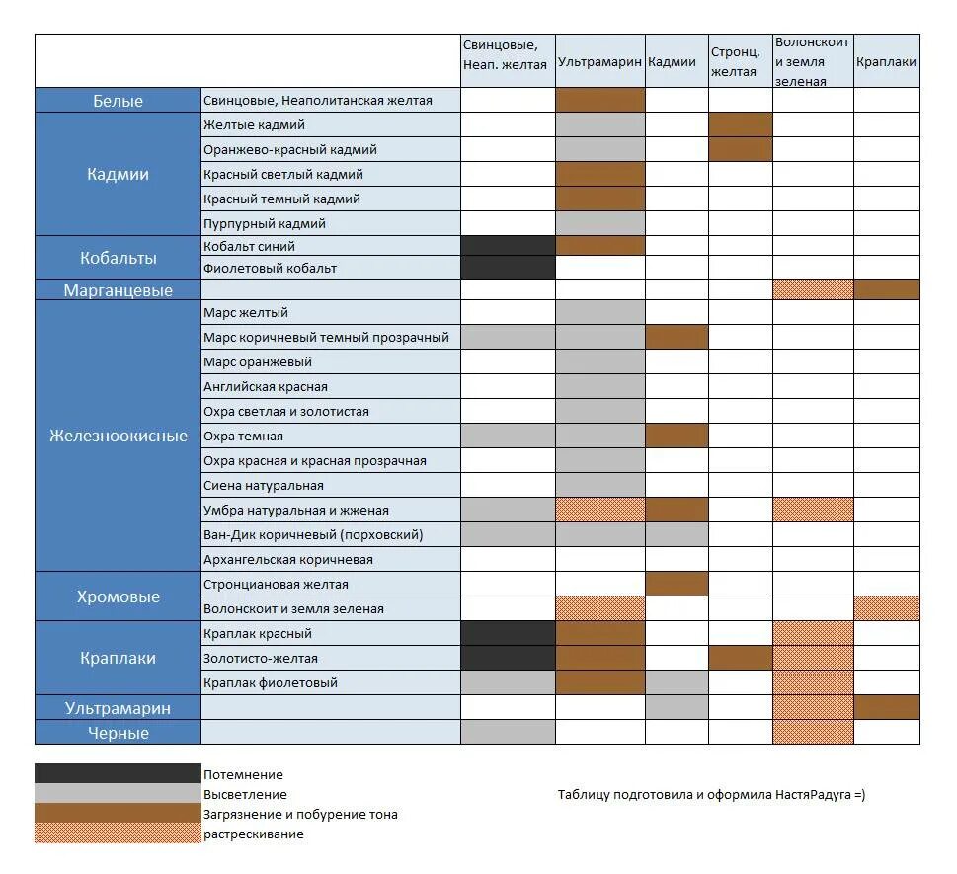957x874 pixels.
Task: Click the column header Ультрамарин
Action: tap(599, 61)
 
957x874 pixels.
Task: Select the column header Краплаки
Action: tap(886, 61)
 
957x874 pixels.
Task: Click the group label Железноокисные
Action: tap(118, 436)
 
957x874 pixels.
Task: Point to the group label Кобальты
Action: tap(118, 258)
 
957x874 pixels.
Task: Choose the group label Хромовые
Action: tap(118, 596)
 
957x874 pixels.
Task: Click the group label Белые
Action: tap(118, 101)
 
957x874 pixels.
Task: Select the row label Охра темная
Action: tap(243, 436)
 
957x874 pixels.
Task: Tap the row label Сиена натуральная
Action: tap(263, 485)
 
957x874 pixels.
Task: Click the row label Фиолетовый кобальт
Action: tap(270, 268)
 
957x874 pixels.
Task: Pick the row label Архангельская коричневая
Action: tap(287, 559)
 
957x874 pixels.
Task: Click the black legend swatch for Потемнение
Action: tap(117, 773)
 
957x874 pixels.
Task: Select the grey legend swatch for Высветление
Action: tap(117, 793)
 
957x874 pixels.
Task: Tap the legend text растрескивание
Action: tap(254, 834)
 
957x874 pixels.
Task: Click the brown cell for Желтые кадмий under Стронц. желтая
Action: tap(740, 124)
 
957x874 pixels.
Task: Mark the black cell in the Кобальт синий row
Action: tap(508, 246)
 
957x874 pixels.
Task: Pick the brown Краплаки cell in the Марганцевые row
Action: tap(886, 289)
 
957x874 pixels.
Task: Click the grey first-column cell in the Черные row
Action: tap(508, 732)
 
